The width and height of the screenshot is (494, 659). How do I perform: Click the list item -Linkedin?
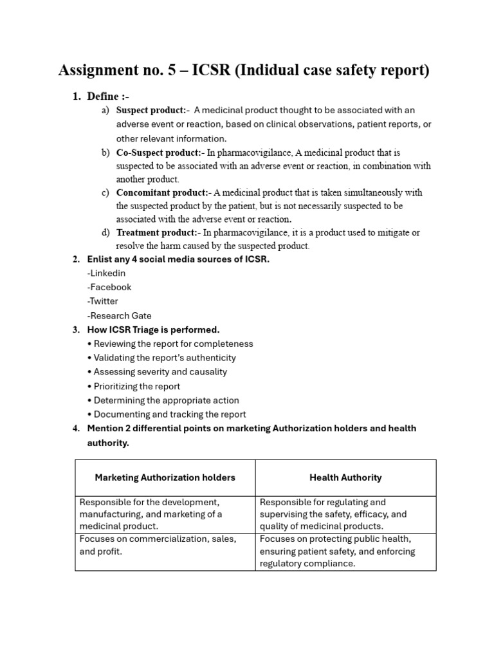click(x=106, y=273)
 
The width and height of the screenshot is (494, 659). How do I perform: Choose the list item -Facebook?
click(x=109, y=287)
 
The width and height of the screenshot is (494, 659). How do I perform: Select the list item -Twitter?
click(x=103, y=301)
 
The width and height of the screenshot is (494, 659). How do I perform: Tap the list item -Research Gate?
click(x=120, y=315)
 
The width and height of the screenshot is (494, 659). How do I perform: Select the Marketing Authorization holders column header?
click(x=165, y=478)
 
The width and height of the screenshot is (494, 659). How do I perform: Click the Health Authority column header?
click(x=345, y=478)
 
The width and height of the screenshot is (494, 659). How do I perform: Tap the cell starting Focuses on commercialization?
click(x=158, y=545)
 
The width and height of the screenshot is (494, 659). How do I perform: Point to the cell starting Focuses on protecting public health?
click(x=337, y=551)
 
